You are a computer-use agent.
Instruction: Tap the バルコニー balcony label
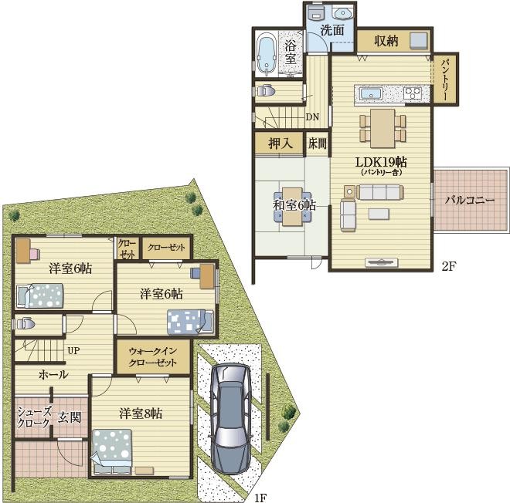point(470,200)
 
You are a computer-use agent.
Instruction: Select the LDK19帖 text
point(381,162)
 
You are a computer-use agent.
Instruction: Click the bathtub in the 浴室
point(267,56)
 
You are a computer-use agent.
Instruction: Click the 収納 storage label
point(386,41)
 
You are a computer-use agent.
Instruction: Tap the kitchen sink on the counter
point(371,93)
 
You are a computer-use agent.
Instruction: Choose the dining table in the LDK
point(382,129)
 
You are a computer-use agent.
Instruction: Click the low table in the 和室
point(292,207)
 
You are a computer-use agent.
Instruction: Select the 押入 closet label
point(280,143)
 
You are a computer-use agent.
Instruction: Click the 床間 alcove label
point(317,143)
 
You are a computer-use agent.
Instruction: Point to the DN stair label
point(312,117)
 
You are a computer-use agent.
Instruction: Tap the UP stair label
point(73,351)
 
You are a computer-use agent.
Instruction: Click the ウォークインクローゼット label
point(152,356)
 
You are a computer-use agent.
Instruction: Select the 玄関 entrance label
point(70,417)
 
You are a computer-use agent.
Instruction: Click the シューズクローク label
point(34,417)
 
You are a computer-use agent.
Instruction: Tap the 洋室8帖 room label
point(141,414)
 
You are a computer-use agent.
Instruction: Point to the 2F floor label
point(449,266)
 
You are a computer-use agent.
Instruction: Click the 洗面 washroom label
point(332,30)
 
